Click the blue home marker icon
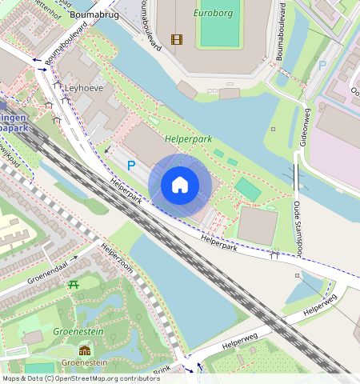pyautogui.click(x=180, y=186)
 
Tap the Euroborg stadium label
pyautogui.click(x=212, y=14)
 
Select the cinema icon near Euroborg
pyautogui.click(x=176, y=39)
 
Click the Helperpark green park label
pyautogui.click(x=188, y=138)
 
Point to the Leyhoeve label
pyautogui.click(x=83, y=88)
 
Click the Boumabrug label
pyautogui.click(x=94, y=14)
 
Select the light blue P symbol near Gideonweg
pyautogui.click(x=322, y=66)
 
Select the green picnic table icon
pyautogui.click(x=73, y=286)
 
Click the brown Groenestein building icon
pyautogui.click(x=85, y=350)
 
